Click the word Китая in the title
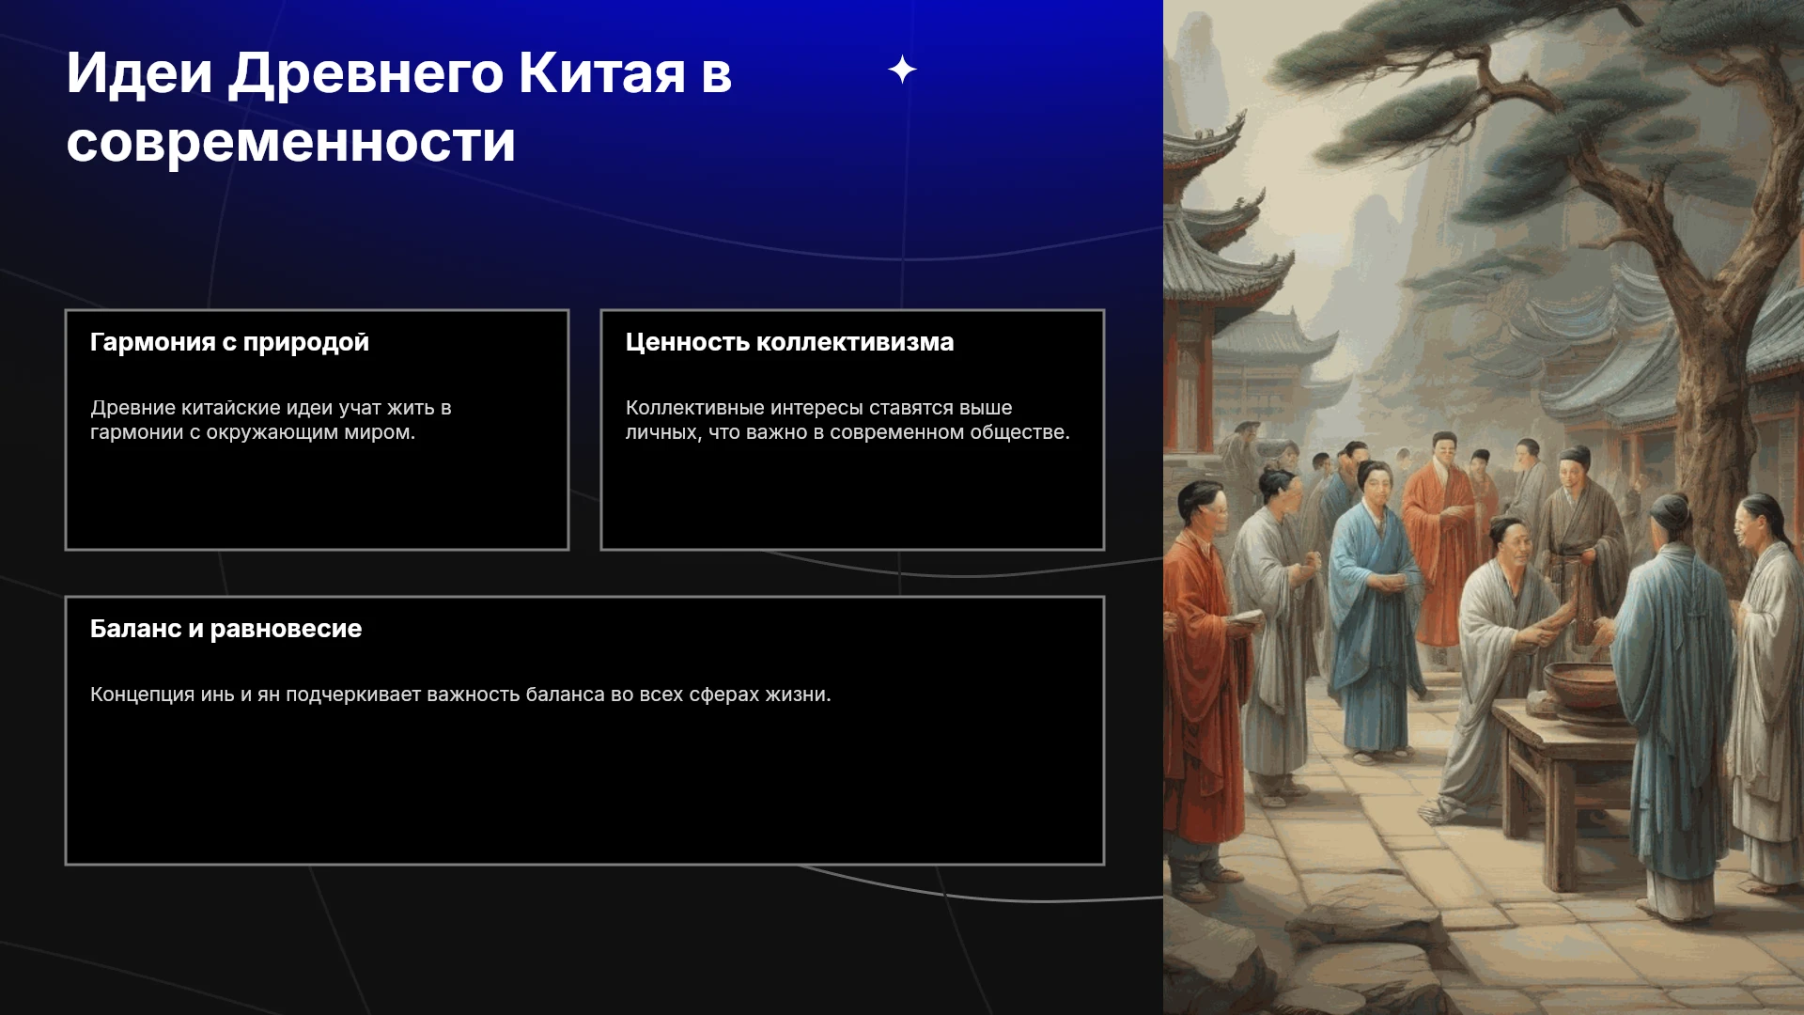602,72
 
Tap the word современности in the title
291,142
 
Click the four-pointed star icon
902,70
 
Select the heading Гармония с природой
229,342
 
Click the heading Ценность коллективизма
789,342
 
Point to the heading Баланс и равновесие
225,629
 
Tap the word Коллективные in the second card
694,408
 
